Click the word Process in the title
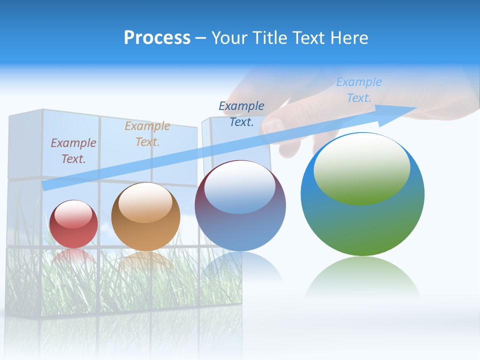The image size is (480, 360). (157, 38)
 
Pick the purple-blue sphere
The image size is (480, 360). (240, 205)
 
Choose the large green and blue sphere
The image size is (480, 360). (362, 194)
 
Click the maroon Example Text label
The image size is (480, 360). (73, 150)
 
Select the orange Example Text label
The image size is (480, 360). (147, 133)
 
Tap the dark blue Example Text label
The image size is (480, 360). (241, 113)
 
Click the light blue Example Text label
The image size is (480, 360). (359, 89)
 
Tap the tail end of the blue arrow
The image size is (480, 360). (46, 185)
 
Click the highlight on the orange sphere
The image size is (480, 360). (145, 202)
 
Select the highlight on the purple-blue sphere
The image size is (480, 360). (240, 186)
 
